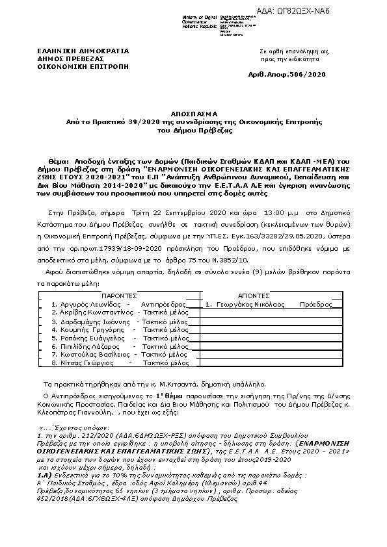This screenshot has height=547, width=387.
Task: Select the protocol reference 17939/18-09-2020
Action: coord(105,239)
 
